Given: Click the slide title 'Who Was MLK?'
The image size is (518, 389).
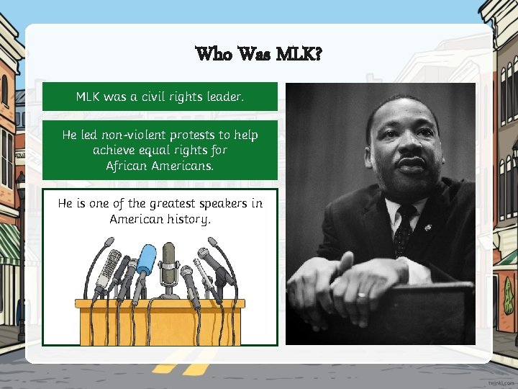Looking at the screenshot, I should pyautogui.click(x=259, y=54).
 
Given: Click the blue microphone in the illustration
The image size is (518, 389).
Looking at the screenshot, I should pyautogui.click(x=146, y=259).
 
